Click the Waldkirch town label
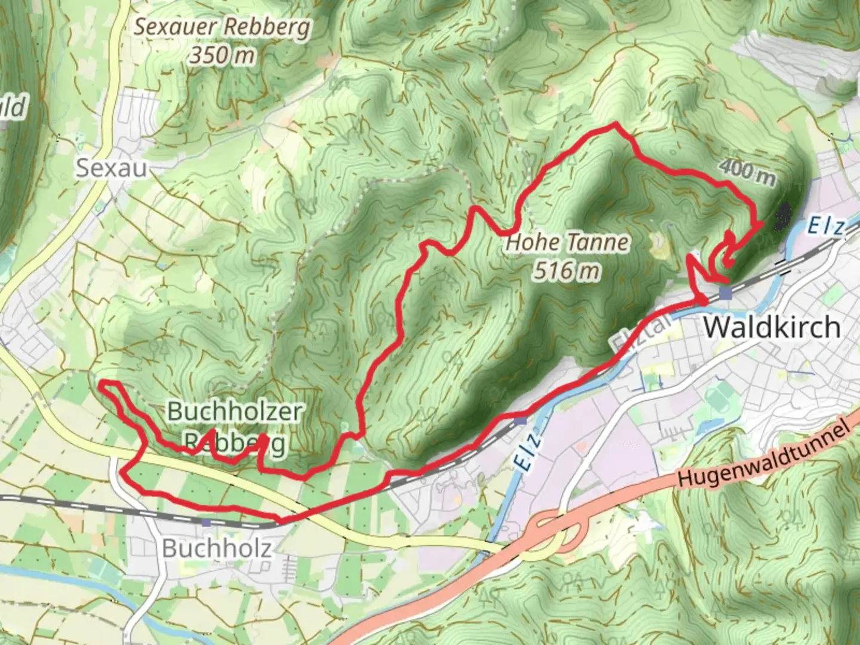click(x=772, y=327)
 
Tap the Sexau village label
click(x=112, y=168)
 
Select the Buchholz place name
click(x=217, y=548)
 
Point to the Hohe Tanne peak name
click(x=567, y=242)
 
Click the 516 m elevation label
click(x=566, y=271)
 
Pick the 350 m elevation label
click(x=222, y=55)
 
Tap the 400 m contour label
click(x=747, y=173)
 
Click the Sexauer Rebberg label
click(x=222, y=27)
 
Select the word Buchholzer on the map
click(x=235, y=411)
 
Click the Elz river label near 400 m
click(x=827, y=228)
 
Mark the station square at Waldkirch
click(x=726, y=293)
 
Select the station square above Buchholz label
click(x=206, y=522)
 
